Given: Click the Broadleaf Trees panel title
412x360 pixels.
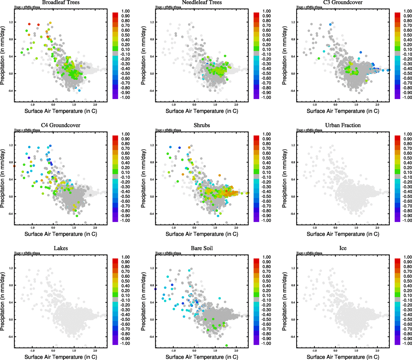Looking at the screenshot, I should click(61, 2).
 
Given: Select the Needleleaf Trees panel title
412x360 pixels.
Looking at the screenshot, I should click(202, 2).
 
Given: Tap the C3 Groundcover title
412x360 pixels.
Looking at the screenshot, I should click(343, 2).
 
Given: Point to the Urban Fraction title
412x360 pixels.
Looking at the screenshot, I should click(343, 125).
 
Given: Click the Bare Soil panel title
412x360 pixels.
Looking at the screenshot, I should click(202, 248).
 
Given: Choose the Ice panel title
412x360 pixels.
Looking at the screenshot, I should click(343, 248).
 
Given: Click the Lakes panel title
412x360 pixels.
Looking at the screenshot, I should click(61, 248).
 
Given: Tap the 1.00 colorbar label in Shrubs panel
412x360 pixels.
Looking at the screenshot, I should click(267, 134).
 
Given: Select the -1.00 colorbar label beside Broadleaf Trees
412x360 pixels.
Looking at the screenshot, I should click(125, 97).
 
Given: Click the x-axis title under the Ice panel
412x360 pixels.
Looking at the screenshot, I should click(343, 357).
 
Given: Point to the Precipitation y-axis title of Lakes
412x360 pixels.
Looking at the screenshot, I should click(3, 301).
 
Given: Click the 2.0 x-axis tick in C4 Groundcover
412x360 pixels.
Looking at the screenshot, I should click(95, 228).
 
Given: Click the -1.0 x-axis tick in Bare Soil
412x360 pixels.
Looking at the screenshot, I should click(173, 351).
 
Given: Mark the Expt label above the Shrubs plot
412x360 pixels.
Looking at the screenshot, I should click(168, 130).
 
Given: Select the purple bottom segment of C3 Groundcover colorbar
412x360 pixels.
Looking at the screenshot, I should click(398, 96).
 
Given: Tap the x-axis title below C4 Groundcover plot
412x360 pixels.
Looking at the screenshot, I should click(61, 234).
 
